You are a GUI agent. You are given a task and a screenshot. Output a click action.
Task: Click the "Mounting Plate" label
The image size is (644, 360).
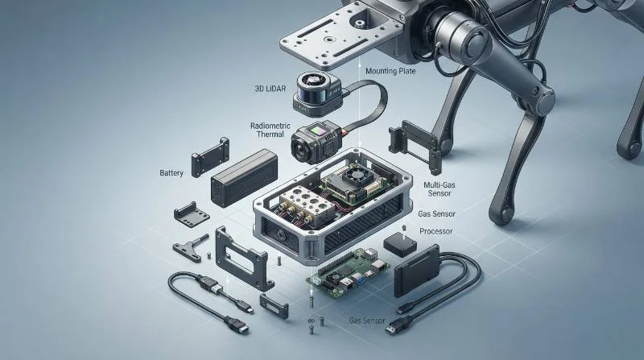tap(390, 71)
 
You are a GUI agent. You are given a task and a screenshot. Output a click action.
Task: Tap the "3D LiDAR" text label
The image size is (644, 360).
tap(270, 88)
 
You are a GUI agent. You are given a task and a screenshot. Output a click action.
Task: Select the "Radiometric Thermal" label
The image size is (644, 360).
tap(270, 130)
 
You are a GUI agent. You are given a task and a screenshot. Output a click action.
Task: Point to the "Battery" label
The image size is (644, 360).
tap(171, 173)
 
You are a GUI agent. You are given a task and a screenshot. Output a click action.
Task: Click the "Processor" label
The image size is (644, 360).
tap(436, 231)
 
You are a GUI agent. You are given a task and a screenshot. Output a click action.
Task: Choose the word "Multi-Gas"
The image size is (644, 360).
tap(439, 185)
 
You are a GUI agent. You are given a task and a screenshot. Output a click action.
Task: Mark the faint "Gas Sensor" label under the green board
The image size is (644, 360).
tap(367, 321)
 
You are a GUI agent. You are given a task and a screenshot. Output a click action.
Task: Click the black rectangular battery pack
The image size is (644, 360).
tap(244, 177)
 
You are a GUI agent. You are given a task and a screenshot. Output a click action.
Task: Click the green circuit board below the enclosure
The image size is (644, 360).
tap(348, 273)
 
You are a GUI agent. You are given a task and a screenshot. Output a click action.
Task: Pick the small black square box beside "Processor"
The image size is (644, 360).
tap(399, 244)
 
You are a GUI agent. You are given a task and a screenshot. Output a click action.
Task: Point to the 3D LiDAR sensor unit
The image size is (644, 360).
tap(316, 93)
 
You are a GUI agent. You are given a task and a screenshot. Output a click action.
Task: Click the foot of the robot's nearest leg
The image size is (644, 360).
tap(500, 215)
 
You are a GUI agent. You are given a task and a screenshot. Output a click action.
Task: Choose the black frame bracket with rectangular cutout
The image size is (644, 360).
tap(242, 259)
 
